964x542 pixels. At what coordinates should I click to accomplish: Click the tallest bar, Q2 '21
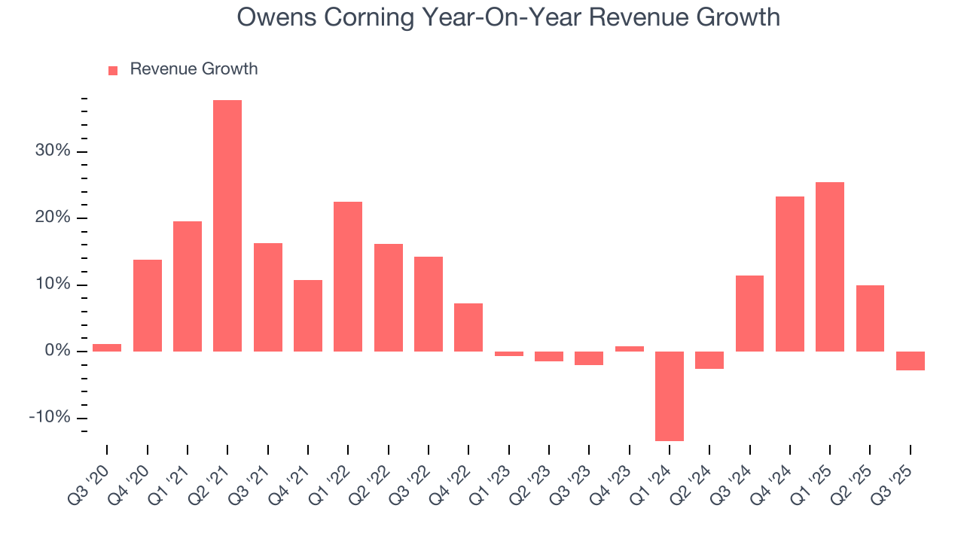point(227,226)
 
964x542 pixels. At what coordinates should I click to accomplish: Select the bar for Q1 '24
point(670,396)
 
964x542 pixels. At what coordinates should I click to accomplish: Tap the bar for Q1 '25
point(830,266)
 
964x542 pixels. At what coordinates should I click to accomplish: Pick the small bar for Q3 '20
point(107,348)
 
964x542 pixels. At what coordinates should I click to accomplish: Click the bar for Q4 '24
point(790,274)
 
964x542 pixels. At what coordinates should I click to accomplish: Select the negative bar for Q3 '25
point(910,361)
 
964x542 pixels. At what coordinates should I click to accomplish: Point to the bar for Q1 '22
point(348,276)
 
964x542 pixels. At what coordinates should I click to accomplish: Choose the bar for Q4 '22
point(468,327)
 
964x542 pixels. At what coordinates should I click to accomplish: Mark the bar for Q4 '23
point(629,349)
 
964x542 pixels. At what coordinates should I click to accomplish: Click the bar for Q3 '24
point(749,313)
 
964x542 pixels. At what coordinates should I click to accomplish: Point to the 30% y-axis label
point(52,151)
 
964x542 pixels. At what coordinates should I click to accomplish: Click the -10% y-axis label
point(50,418)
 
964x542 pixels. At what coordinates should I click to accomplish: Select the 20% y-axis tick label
point(52,218)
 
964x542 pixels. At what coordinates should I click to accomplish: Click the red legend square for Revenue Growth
point(113,70)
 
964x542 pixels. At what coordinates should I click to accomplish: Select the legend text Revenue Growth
point(194,69)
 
